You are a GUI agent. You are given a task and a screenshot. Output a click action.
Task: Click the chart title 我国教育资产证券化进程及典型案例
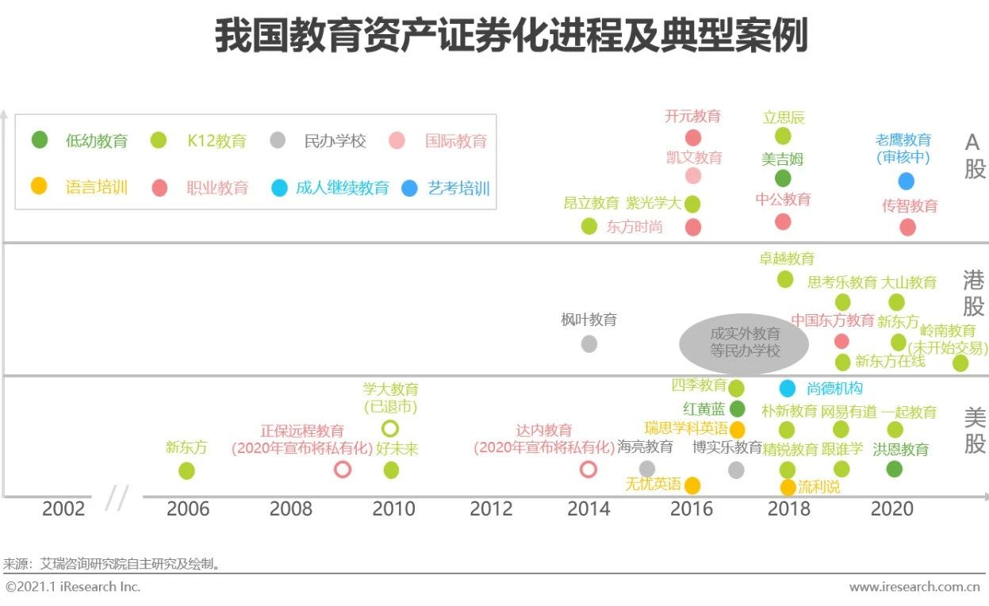click(x=511, y=36)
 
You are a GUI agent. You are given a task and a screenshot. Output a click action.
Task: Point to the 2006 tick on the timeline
click(x=187, y=509)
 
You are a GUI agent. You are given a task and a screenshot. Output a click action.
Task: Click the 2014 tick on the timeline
click(x=588, y=509)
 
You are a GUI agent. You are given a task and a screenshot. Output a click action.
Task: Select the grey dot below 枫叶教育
click(x=588, y=343)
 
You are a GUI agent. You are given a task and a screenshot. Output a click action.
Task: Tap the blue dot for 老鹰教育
click(x=906, y=181)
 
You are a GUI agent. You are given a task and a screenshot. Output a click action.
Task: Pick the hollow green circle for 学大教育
click(x=389, y=429)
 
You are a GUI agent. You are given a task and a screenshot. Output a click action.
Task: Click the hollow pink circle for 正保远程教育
click(x=343, y=470)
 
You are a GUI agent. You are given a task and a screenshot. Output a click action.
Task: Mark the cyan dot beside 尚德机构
click(x=787, y=389)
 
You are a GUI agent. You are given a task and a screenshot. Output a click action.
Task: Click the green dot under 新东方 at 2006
click(x=186, y=470)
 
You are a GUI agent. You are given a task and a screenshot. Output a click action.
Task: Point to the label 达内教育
click(x=544, y=431)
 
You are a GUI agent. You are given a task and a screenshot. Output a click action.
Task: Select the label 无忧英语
click(x=653, y=484)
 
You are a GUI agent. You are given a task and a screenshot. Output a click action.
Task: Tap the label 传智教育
click(x=910, y=206)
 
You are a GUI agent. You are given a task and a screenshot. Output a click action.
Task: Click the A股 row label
click(x=974, y=155)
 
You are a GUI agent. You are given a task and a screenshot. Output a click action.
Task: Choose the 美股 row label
click(x=974, y=431)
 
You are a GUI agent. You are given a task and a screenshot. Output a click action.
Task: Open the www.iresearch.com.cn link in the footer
click(x=914, y=587)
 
